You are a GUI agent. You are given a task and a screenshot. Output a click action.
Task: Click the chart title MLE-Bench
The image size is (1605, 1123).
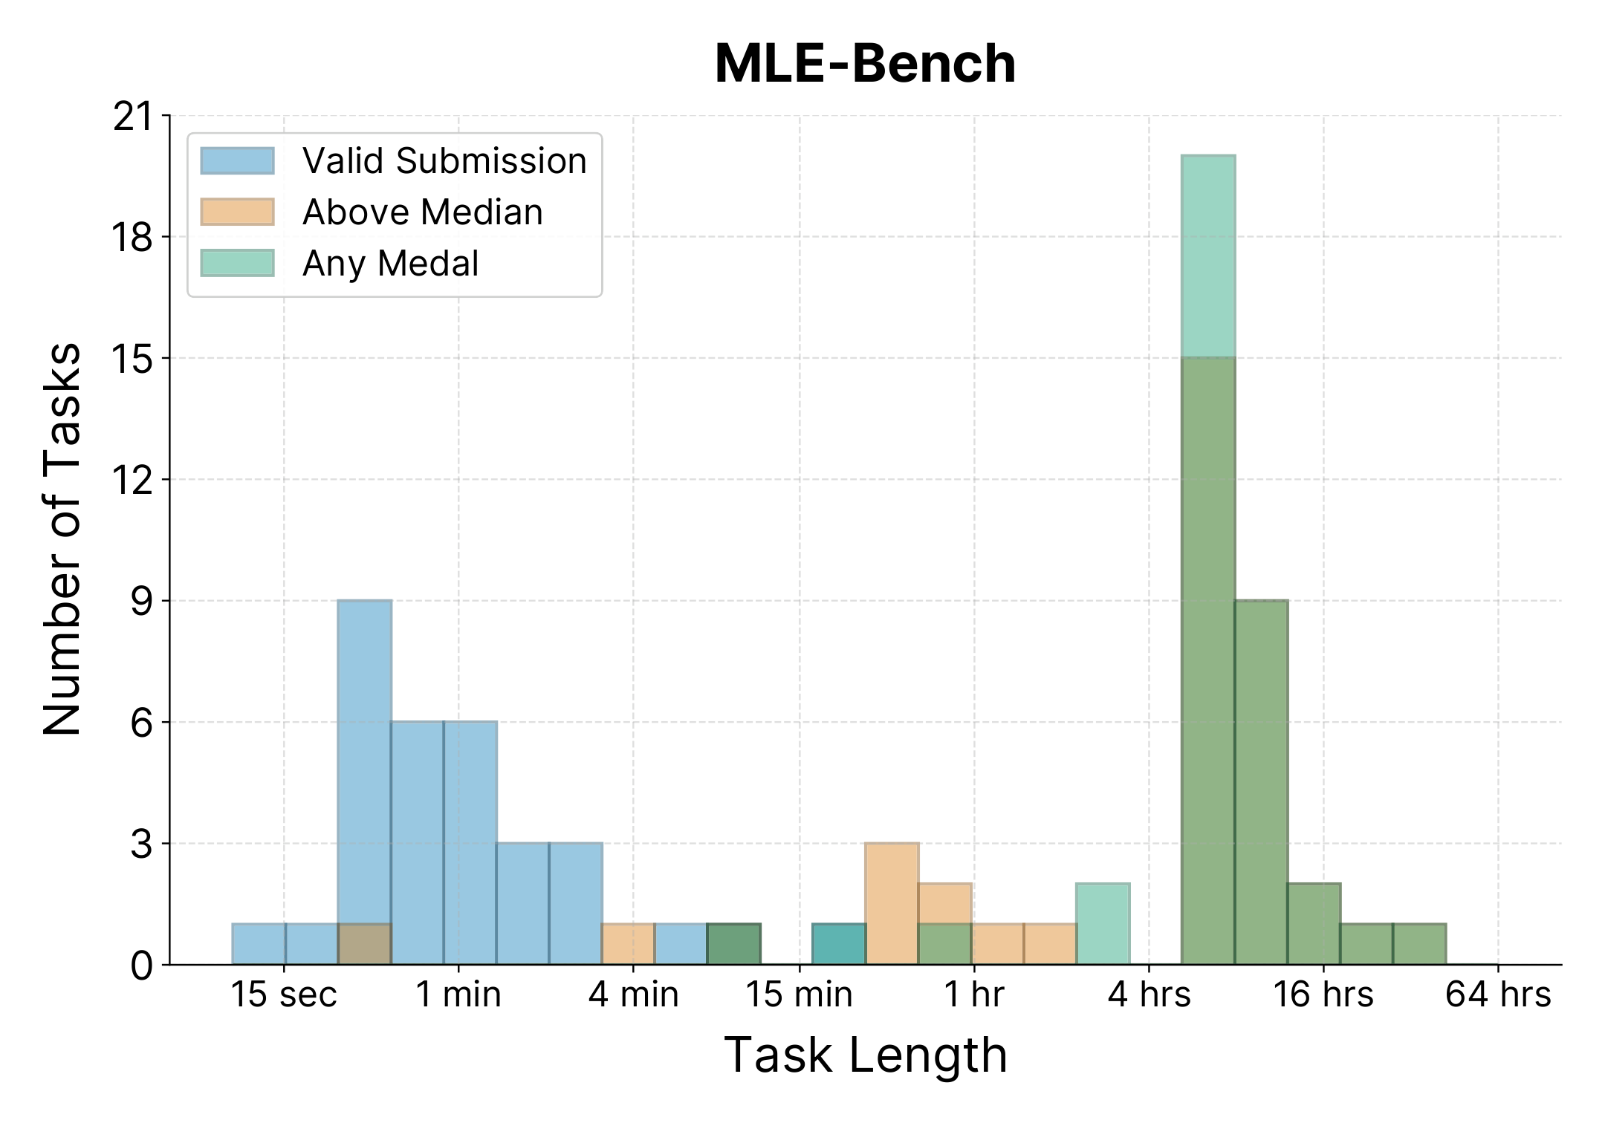865,64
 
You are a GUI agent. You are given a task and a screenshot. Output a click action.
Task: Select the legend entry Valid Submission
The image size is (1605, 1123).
444,161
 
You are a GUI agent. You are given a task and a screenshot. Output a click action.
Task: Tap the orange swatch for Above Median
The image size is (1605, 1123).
237,212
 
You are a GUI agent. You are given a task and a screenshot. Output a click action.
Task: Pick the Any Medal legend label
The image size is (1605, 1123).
390,264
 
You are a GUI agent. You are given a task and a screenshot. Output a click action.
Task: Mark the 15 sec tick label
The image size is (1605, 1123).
284,995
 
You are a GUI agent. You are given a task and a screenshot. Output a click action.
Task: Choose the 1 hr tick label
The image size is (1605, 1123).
973,995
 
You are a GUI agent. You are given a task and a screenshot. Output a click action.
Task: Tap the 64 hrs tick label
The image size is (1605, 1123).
1497,995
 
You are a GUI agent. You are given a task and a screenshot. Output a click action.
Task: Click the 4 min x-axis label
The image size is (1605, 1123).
633,995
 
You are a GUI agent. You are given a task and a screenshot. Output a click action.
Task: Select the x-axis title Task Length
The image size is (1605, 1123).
865,1055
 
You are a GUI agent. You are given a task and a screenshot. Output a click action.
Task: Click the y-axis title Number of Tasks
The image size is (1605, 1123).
62,539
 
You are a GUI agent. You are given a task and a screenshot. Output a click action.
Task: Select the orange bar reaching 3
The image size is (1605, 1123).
892,903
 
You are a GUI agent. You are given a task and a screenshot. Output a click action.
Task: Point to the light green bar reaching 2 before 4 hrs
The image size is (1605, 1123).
1103,924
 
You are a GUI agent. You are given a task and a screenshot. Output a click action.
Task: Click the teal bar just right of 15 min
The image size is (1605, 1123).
839,944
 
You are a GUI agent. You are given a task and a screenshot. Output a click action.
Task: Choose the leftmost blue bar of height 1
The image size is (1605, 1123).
259,944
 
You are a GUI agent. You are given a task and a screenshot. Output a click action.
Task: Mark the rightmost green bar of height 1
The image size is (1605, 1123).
1419,944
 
